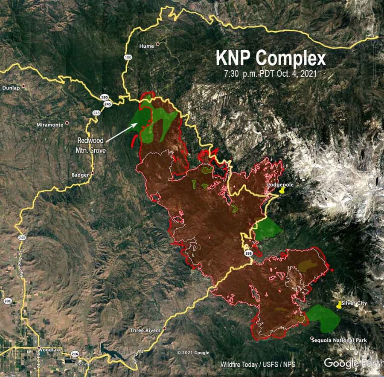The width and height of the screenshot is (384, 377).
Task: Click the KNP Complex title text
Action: click(x=271, y=59)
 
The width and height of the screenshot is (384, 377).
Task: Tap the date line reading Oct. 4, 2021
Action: click(x=270, y=73)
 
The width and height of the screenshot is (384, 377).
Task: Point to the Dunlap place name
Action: click(x=11, y=88)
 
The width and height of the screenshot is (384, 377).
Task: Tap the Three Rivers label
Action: click(x=145, y=331)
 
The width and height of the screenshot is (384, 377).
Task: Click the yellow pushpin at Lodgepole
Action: click(x=281, y=192)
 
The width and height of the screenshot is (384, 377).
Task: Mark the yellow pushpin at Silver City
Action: click(x=339, y=305)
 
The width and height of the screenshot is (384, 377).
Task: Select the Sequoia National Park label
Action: click(x=339, y=340)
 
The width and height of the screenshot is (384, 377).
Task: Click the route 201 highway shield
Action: click(x=7, y=301)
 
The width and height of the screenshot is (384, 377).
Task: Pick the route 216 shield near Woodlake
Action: click(x=75, y=354)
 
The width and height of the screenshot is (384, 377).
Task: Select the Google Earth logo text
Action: click(x=353, y=363)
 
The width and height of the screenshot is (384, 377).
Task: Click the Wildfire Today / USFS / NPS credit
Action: click(x=258, y=365)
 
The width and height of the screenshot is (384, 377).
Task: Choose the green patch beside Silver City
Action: click(x=323, y=318)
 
